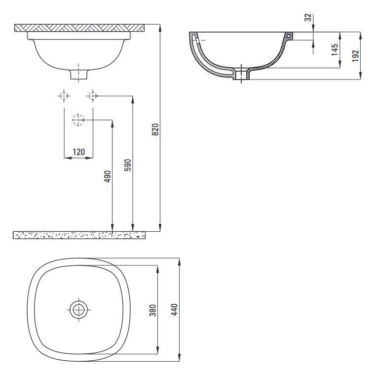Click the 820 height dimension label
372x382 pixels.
click(x=155, y=129)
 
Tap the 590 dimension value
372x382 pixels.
click(x=128, y=165)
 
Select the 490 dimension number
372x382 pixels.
click(x=107, y=176)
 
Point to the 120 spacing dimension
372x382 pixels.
click(x=79, y=152)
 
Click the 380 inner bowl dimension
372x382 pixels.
click(x=153, y=310)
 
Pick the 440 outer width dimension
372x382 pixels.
click(x=175, y=309)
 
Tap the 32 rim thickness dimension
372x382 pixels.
click(x=308, y=17)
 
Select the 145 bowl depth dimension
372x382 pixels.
click(x=335, y=49)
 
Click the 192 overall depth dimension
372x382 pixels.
click(x=356, y=55)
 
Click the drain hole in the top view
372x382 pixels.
click(x=78, y=310)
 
